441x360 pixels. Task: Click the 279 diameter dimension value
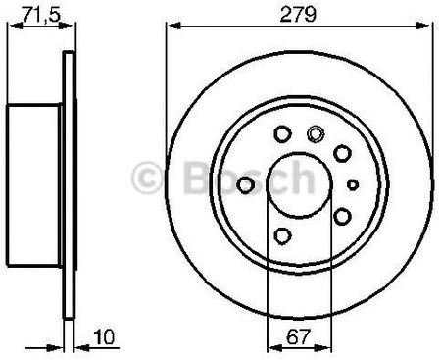coord(298,14)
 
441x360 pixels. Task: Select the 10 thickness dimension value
coord(104,336)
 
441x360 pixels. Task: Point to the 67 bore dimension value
coord(298,336)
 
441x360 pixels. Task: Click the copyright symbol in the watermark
coord(147,178)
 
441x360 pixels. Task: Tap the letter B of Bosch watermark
coord(200,178)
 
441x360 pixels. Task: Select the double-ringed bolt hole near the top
coord(316,134)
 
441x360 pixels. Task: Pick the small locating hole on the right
coord(353,185)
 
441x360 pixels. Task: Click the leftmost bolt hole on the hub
coord(245,185)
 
